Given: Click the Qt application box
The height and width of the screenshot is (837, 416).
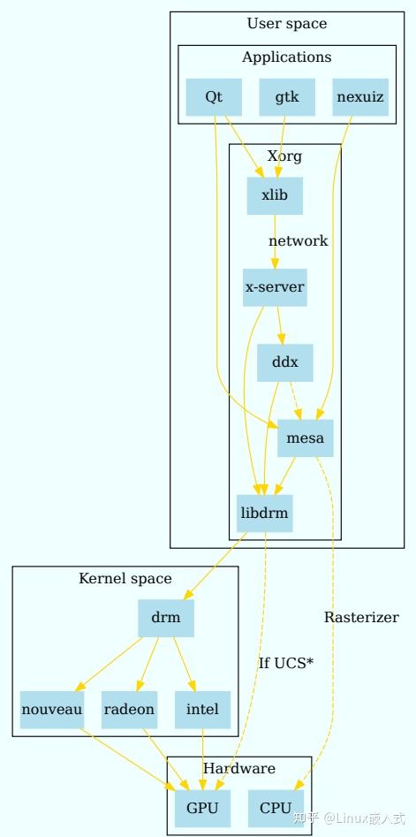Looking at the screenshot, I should click(x=214, y=97).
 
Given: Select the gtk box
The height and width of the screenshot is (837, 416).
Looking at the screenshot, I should click(x=287, y=97).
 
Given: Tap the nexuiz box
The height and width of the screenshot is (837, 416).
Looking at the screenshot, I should click(x=360, y=97).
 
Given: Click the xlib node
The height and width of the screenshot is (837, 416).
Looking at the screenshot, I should click(x=275, y=195).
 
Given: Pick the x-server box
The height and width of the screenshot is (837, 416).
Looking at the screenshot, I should click(x=275, y=287).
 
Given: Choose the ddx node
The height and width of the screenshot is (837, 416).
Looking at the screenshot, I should click(x=284, y=362).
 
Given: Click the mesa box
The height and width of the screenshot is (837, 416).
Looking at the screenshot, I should click(x=306, y=438).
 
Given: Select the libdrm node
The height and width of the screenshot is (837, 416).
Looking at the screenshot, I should click(x=264, y=512).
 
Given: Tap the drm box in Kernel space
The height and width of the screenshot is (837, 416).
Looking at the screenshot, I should click(x=165, y=618).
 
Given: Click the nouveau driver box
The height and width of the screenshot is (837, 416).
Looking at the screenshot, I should click(x=52, y=709).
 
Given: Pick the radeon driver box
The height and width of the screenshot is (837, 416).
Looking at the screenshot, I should click(x=129, y=709).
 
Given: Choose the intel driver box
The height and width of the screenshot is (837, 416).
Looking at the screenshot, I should click(x=202, y=709).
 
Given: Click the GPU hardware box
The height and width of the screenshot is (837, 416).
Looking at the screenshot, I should click(x=202, y=808).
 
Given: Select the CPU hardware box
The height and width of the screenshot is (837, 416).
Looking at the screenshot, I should click(x=276, y=808).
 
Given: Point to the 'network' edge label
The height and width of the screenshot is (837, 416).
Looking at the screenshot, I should click(x=299, y=240).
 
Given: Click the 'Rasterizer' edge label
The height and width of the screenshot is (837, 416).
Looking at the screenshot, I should click(x=361, y=617).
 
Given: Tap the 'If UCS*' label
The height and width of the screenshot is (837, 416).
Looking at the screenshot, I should click(x=286, y=662).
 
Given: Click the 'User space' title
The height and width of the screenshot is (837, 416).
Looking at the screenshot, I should click(x=287, y=24).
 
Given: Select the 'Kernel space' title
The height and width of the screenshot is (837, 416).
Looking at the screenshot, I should click(x=125, y=579).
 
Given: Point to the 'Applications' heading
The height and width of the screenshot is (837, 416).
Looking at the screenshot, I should click(x=287, y=57).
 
